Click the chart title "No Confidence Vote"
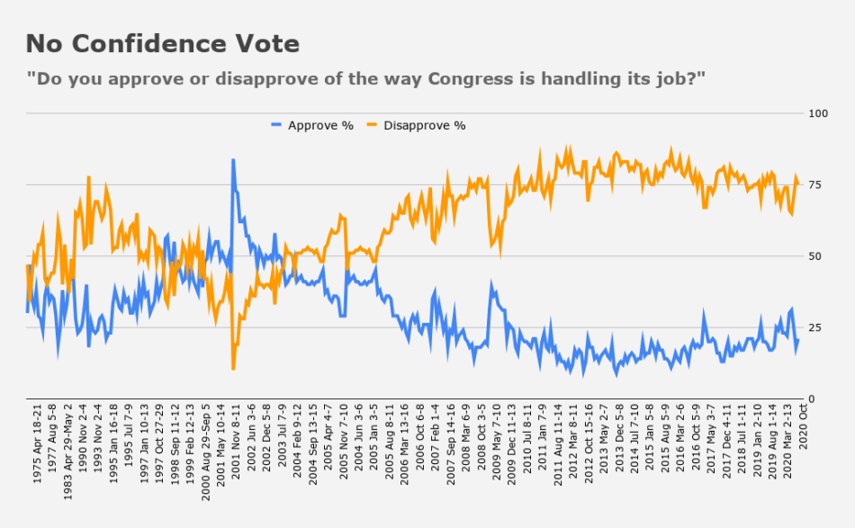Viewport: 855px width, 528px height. [x=162, y=43]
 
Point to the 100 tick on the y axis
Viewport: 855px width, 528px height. [x=818, y=113]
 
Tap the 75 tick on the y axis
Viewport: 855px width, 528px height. [x=815, y=185]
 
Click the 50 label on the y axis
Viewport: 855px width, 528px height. [x=815, y=256]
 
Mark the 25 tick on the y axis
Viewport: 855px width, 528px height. [x=815, y=327]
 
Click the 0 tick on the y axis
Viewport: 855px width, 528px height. [x=813, y=398]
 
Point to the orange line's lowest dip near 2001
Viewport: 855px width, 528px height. [x=233, y=368]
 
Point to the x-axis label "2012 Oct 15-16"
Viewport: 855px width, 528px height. [x=589, y=449]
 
